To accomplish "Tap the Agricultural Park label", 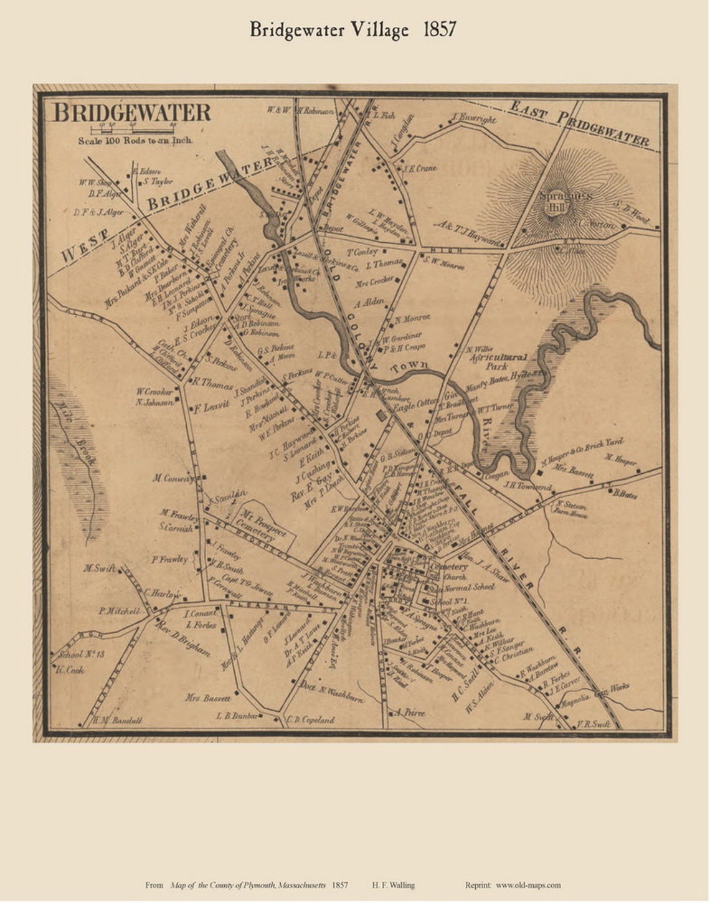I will click(498, 362).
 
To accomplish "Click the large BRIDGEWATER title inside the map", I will click(132, 113).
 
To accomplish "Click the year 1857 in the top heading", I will click(440, 29).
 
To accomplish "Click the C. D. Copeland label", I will click(311, 719).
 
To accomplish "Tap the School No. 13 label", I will click(80, 655).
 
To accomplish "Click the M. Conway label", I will click(174, 478).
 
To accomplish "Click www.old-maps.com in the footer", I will click(528, 885).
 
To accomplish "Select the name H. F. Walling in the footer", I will click(393, 885).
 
